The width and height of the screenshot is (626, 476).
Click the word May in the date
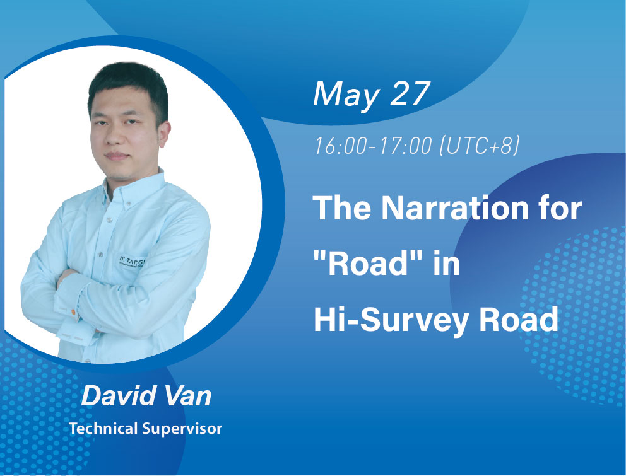345,95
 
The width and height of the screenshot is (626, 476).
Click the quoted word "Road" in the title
362,265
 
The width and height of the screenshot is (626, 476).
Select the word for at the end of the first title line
558,208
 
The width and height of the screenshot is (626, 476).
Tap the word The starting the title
340,208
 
